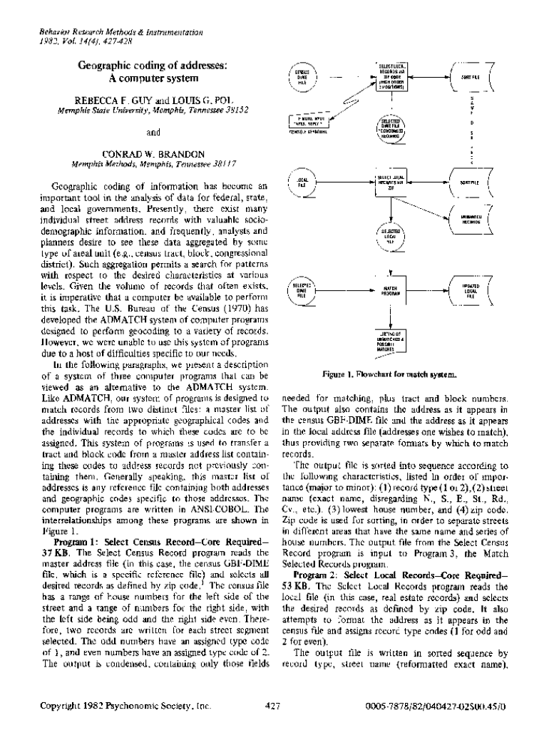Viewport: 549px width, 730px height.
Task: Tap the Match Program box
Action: point(390,289)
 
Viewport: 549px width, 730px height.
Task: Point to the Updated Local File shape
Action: point(470,289)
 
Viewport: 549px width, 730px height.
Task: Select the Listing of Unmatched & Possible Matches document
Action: point(390,339)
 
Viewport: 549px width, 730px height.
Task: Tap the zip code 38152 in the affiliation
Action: point(235,110)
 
